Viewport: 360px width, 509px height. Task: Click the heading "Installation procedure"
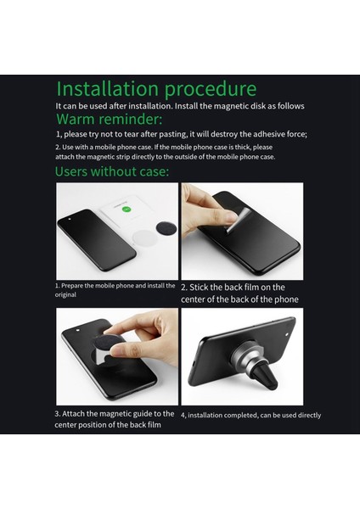[x=156, y=89]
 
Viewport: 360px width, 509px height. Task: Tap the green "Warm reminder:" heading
[x=110, y=119]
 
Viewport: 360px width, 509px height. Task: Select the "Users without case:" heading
[x=112, y=171]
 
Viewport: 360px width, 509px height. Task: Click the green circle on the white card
[x=126, y=209]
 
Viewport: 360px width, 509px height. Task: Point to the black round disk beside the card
[x=166, y=228]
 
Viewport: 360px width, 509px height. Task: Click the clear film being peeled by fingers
[x=238, y=220]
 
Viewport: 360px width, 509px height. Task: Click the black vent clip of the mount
[x=266, y=378]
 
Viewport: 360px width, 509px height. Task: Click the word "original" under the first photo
[x=65, y=294]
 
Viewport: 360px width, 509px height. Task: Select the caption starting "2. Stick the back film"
[x=239, y=294]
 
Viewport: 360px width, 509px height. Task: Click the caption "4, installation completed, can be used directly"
[x=250, y=415]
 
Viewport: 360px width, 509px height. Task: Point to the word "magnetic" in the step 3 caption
[x=115, y=414]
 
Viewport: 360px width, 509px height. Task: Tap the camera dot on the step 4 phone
[x=287, y=334]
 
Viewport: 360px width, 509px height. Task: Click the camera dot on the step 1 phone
[x=70, y=219]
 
